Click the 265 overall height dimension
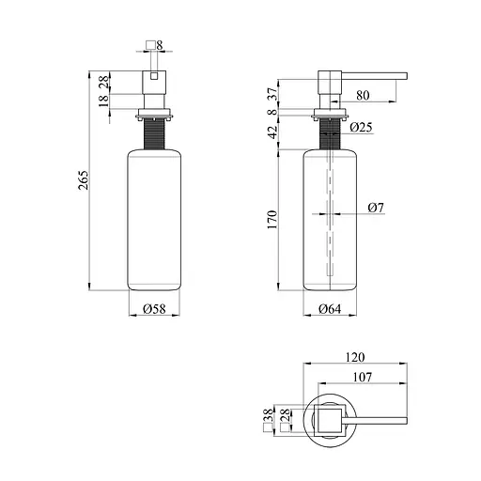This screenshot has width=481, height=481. (84, 180)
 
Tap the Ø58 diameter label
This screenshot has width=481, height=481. (154, 309)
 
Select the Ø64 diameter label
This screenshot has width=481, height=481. (330, 309)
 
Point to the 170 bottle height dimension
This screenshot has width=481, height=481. (272, 220)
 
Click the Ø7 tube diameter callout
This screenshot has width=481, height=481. (376, 208)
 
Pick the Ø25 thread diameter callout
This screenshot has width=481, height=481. (361, 127)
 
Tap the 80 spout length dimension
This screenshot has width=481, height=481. (363, 95)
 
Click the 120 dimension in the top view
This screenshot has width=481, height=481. (355, 357)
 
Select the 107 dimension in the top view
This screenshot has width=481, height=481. (363, 377)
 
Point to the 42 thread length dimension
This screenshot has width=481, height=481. (273, 132)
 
